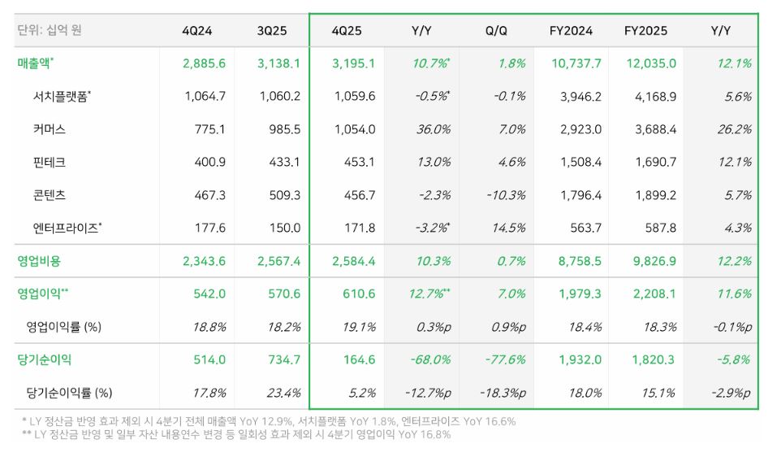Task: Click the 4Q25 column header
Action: click(347, 31)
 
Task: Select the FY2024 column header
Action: click(571, 31)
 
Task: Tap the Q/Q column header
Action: click(496, 31)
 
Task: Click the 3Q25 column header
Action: click(272, 31)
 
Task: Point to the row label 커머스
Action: click(50, 129)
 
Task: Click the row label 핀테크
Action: click(50, 162)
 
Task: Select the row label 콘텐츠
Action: click(50, 195)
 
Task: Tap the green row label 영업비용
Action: click(39, 261)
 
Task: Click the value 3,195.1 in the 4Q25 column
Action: click(354, 64)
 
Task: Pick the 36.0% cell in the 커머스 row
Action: click(434, 130)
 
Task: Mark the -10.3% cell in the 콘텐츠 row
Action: click(506, 196)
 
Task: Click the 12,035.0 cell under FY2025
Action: click(651, 64)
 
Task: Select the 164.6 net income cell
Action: click(359, 359)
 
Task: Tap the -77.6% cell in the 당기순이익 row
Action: click(505, 359)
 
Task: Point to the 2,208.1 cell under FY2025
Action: click(654, 294)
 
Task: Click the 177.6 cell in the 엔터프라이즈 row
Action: click(209, 228)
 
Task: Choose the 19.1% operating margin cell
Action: click(359, 328)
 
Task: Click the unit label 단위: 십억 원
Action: click(50, 30)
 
